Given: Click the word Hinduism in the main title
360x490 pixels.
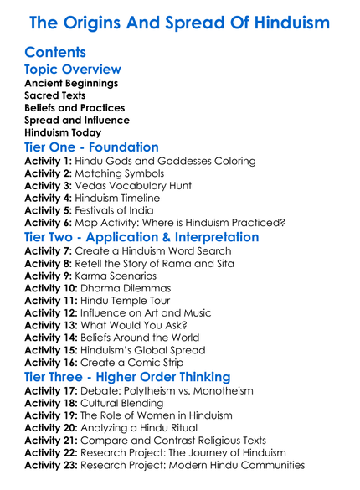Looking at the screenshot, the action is pos(284,22).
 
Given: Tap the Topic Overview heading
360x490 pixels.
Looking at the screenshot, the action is pos(73,70).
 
